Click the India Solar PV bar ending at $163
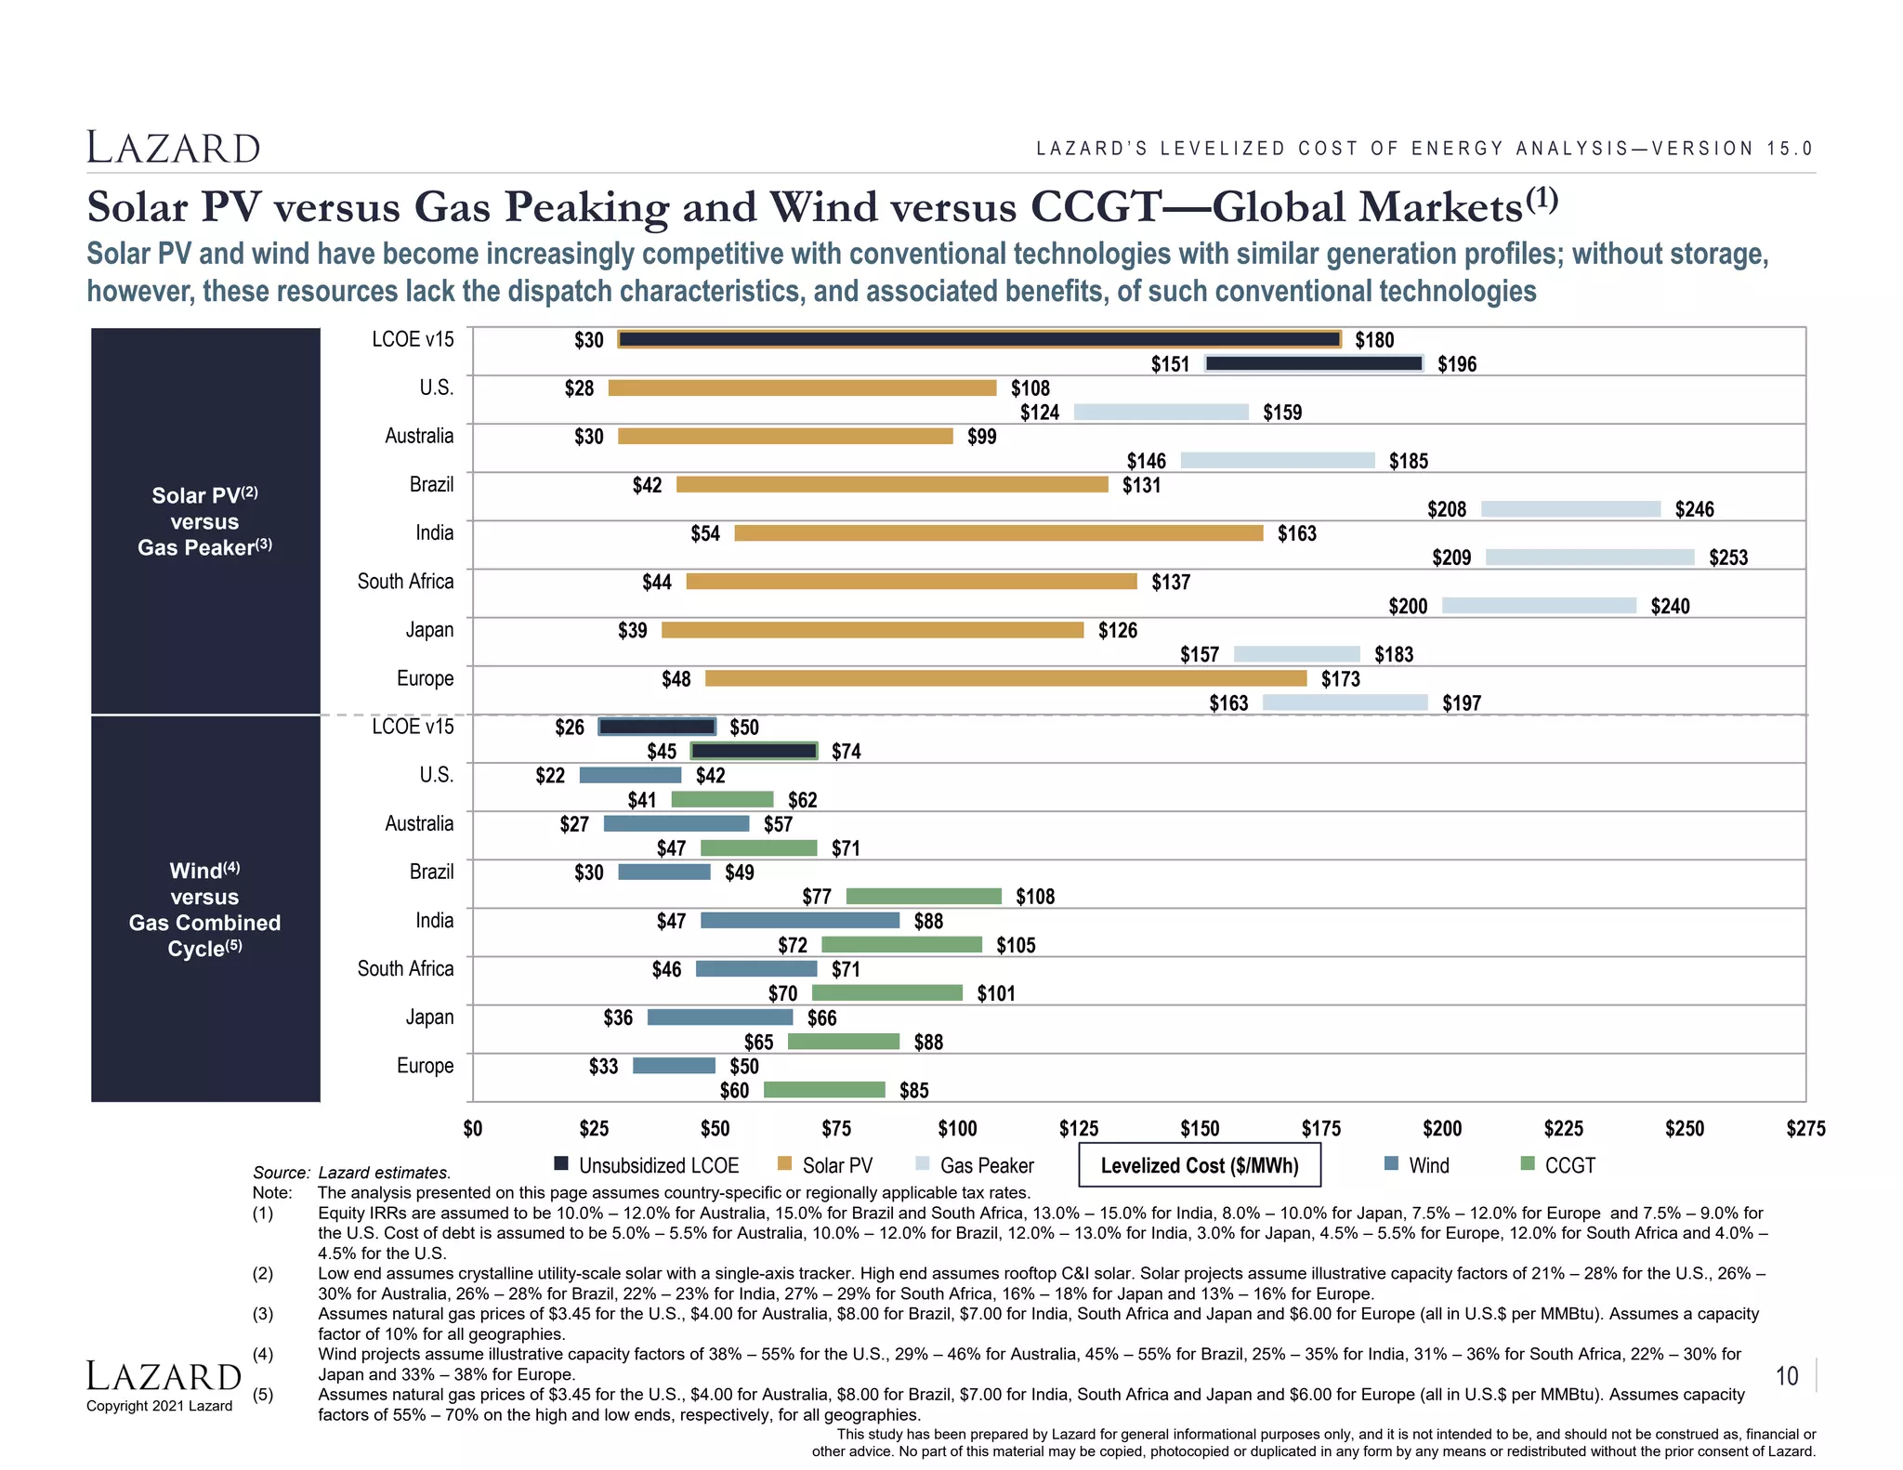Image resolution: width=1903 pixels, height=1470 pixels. [998, 533]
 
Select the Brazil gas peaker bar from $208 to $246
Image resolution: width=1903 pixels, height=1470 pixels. [1570, 509]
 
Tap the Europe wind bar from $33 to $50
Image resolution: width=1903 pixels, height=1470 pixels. [674, 1066]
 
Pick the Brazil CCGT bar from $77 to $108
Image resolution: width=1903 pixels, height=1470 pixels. [924, 897]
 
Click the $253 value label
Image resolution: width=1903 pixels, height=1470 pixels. [1728, 558]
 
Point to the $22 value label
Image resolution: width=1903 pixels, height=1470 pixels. [550, 776]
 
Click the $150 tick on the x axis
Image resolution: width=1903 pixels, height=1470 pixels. [1200, 1129]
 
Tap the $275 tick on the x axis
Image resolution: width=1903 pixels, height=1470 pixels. [1805, 1129]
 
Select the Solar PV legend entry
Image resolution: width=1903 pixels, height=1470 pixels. [826, 1165]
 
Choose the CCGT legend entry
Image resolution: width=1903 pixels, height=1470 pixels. [1558, 1165]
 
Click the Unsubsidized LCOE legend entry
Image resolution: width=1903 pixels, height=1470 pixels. [647, 1165]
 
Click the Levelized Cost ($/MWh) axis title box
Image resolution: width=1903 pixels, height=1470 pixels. [1200, 1165]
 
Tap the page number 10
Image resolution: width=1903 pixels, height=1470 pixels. [1787, 1376]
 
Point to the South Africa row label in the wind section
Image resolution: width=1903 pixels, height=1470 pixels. [405, 969]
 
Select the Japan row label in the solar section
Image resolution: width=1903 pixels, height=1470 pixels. [429, 630]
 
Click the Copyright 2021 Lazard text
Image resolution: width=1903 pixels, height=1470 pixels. [160, 1406]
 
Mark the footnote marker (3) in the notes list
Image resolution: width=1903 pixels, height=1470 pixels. [263, 1314]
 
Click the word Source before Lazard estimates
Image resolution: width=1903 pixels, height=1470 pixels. [281, 1173]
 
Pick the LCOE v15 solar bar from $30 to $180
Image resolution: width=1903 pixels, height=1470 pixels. [979, 340]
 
